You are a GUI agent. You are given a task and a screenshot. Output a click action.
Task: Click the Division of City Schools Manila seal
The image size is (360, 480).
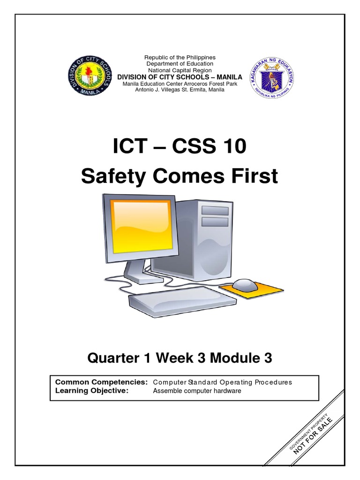pyautogui.click(x=90, y=75)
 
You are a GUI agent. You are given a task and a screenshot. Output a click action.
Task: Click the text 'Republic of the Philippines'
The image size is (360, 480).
pyautogui.click(x=180, y=57)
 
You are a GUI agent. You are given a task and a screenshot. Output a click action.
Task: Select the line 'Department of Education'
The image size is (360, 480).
pyautogui.click(x=180, y=63)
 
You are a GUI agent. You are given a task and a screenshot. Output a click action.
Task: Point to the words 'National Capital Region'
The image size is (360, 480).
pyautogui.click(x=180, y=70)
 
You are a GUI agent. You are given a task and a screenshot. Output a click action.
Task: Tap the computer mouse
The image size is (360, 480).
pyautogui.click(x=244, y=284)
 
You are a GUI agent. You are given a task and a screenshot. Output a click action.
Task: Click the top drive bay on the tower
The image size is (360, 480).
pyautogui.click(x=215, y=210)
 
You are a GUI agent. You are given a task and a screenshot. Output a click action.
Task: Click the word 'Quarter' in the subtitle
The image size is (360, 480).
pyautogui.click(x=111, y=359)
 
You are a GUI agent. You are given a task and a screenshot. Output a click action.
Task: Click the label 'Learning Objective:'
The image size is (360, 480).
pyautogui.click(x=92, y=391)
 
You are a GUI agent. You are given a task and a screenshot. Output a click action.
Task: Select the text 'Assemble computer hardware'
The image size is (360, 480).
pyautogui.click(x=197, y=391)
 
